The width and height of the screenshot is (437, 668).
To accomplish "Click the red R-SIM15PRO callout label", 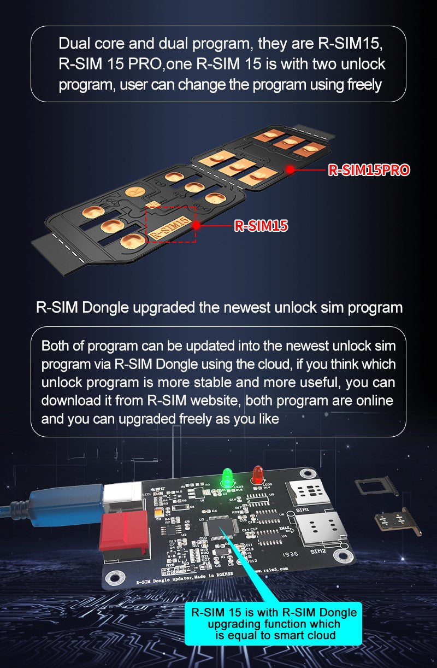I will point(369,170).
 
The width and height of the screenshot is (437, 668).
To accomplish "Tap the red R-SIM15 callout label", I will point(261,225).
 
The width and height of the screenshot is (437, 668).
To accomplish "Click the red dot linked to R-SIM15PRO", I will point(290,169).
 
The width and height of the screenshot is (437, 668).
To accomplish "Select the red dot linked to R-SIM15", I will point(196,225).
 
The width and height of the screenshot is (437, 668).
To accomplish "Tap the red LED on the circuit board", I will point(256,473).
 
